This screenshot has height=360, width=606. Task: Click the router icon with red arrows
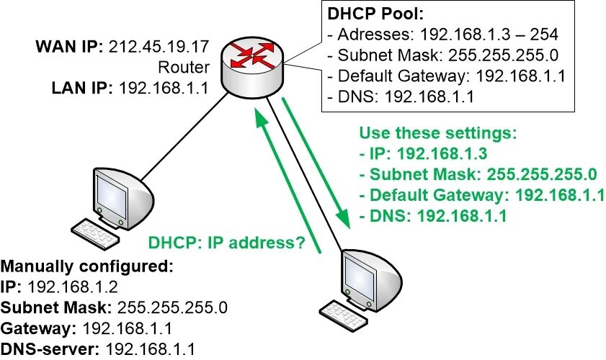point(252,66)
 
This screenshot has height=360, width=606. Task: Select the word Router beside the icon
point(186,68)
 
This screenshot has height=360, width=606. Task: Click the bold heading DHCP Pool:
point(367,14)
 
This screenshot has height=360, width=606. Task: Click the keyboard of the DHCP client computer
point(344,310)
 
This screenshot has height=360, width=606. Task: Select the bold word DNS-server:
point(50,350)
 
